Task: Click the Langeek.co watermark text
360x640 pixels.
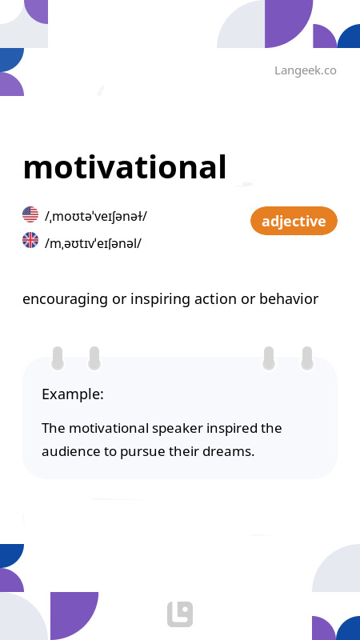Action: tap(305, 70)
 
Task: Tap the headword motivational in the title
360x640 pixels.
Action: tap(125, 167)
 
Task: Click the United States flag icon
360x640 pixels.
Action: tap(30, 214)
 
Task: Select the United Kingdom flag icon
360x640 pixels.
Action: tap(30, 240)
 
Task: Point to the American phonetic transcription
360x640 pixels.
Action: tap(96, 216)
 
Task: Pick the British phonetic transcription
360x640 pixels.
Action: tap(94, 242)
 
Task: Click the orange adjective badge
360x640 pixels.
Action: tap(294, 221)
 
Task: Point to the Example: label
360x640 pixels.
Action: tap(73, 394)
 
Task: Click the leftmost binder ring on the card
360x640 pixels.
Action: tap(58, 358)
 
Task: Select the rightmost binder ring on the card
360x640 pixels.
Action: tap(306, 358)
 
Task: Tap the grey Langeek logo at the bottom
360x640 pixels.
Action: tap(180, 614)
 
